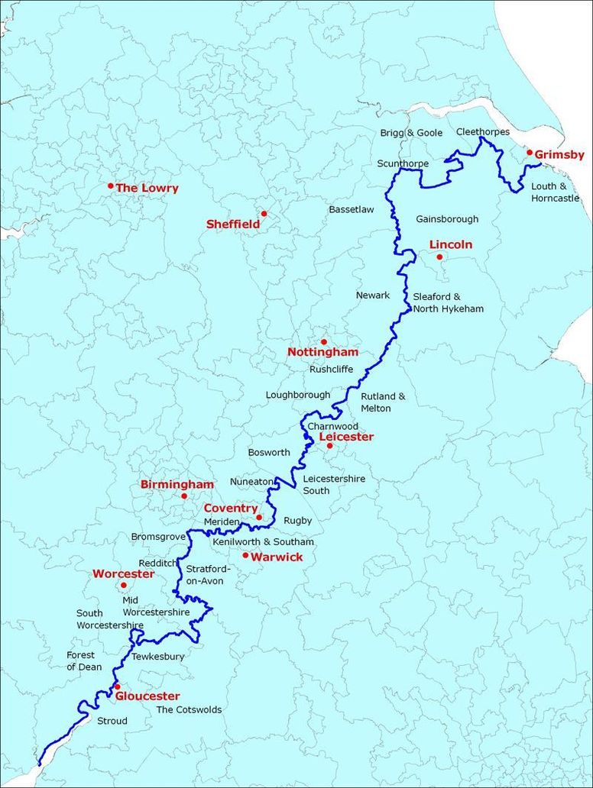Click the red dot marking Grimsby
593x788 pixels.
530,152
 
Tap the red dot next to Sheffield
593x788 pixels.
264,214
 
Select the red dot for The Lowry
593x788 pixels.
111,186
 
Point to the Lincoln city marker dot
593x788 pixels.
439,257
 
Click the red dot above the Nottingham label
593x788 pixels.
323,341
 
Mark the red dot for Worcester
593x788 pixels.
124,586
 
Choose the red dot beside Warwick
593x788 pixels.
245,555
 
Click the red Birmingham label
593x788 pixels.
177,484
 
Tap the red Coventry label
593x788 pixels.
231,508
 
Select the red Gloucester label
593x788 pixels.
147,696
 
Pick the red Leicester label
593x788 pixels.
346,437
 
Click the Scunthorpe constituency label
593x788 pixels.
403,163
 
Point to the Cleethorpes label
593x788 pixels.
482,132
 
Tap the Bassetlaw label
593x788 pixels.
352,209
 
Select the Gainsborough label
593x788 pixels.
447,219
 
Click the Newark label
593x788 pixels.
373,295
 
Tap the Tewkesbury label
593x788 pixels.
158,656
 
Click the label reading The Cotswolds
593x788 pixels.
189,709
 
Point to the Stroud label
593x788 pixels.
112,720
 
